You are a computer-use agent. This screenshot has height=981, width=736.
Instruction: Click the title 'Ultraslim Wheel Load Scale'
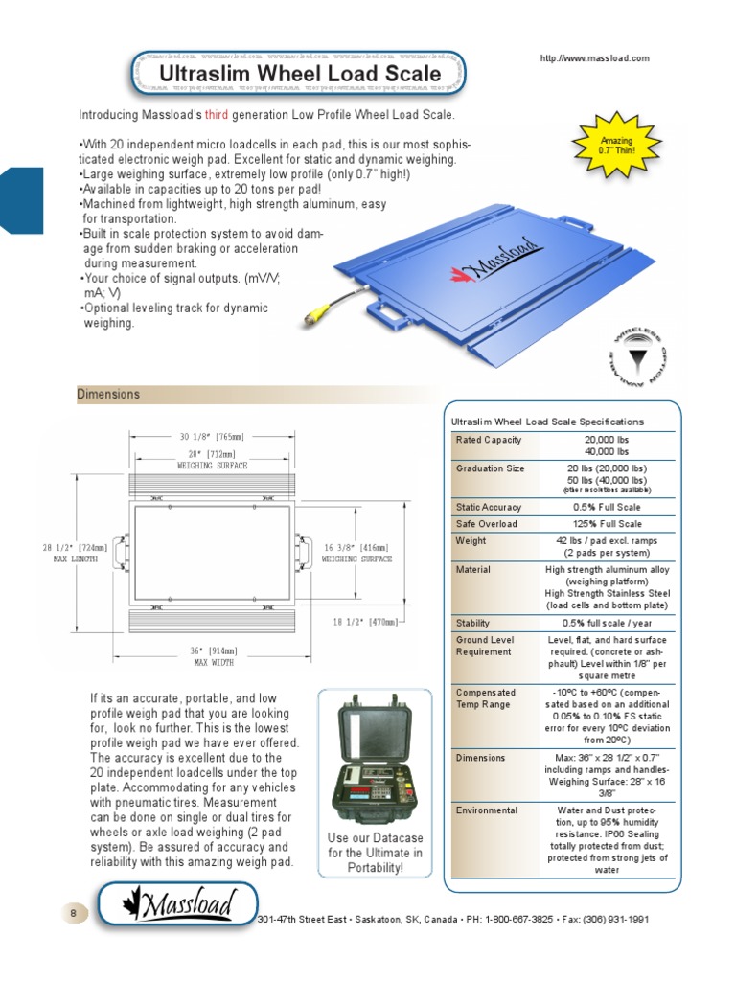click(x=299, y=74)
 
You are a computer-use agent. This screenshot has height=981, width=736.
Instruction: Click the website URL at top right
click(x=594, y=58)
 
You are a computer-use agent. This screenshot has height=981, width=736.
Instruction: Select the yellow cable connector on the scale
click(x=314, y=316)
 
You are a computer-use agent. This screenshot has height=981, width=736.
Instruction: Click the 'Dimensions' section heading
click(x=108, y=394)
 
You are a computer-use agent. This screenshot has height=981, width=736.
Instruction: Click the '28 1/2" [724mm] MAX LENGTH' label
click(x=75, y=553)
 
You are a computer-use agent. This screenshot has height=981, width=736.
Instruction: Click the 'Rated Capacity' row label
click(x=489, y=440)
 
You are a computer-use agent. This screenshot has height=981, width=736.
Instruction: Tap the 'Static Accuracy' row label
click(x=489, y=507)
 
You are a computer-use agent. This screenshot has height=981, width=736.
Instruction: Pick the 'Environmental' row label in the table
click(x=487, y=810)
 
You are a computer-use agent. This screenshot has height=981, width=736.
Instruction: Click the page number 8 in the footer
click(x=73, y=913)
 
